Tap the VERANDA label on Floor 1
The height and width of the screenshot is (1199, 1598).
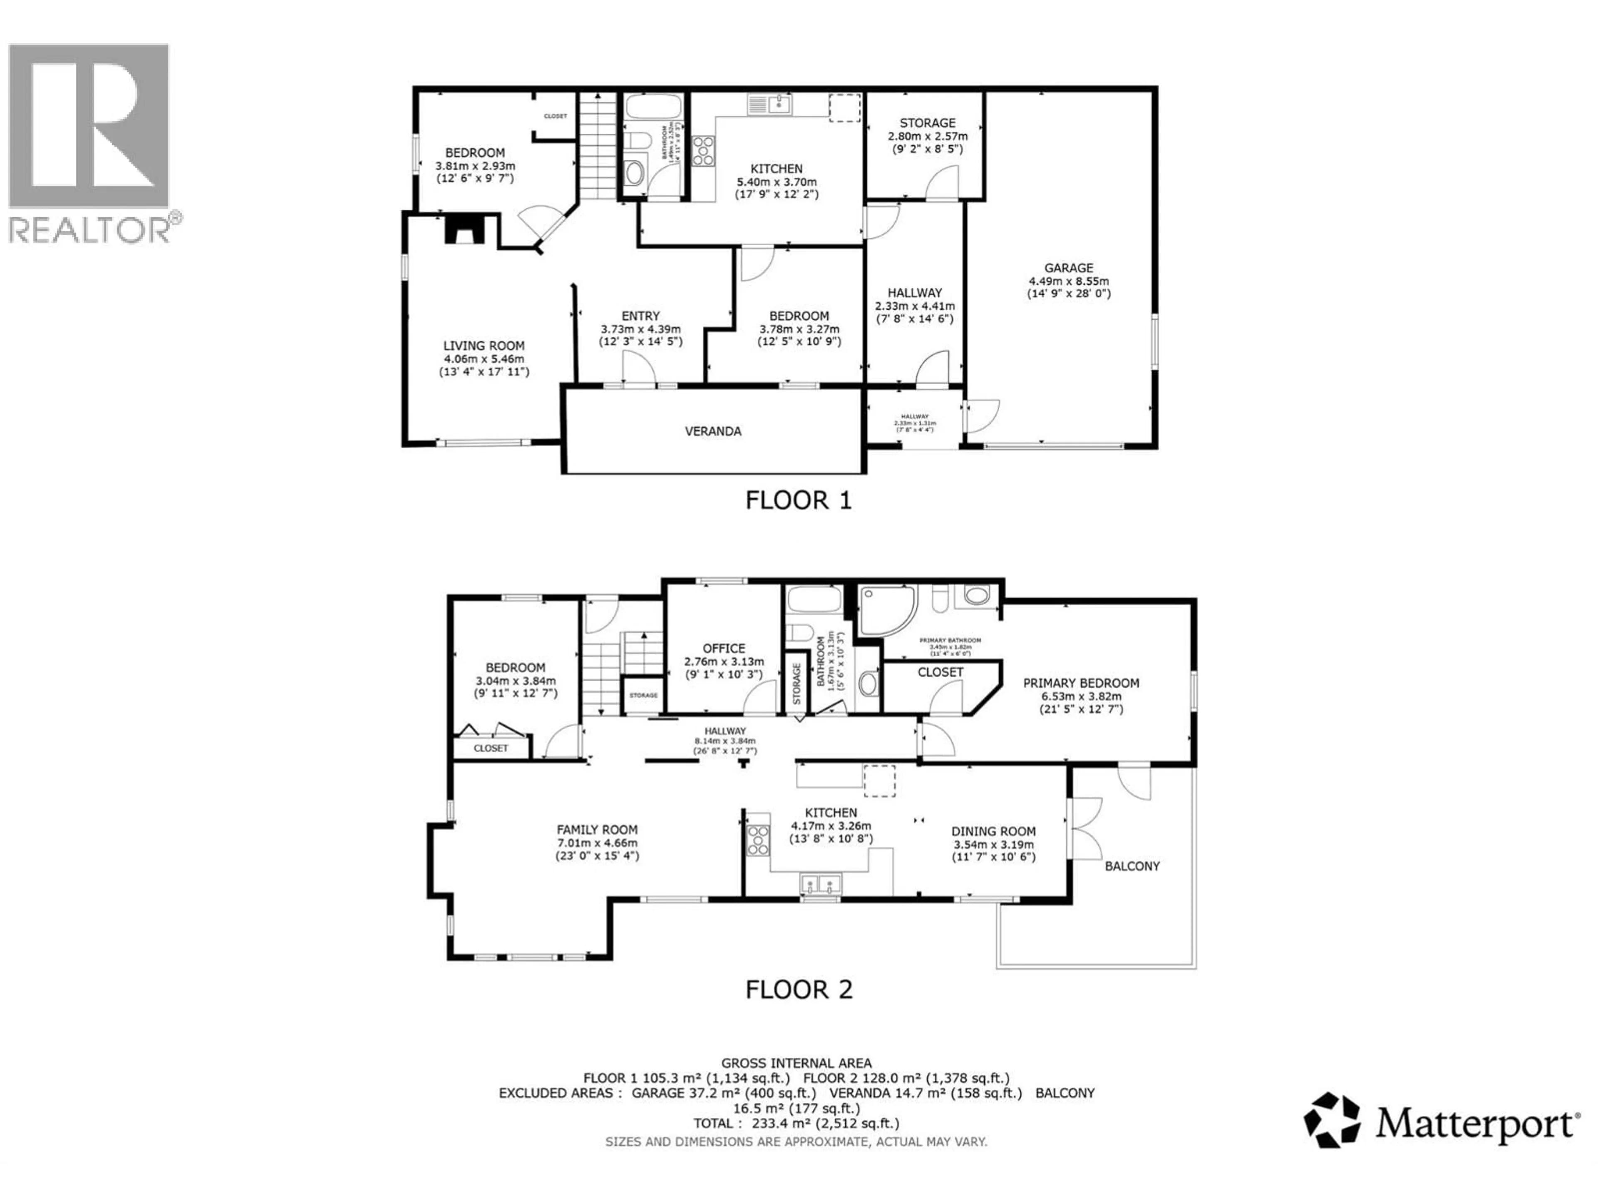click(713, 431)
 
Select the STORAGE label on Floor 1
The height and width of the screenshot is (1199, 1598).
click(927, 123)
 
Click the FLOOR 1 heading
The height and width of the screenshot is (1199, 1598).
click(798, 500)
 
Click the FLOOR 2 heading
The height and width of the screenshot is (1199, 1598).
click(798, 990)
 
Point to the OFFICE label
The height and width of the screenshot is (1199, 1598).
click(724, 648)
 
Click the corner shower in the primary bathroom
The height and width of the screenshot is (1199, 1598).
click(886, 611)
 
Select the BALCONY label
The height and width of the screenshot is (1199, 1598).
click(1132, 866)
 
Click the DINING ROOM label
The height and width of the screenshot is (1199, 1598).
click(993, 831)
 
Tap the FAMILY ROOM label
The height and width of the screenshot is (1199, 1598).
click(597, 830)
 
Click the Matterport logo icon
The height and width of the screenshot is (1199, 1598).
click(1331, 1120)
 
